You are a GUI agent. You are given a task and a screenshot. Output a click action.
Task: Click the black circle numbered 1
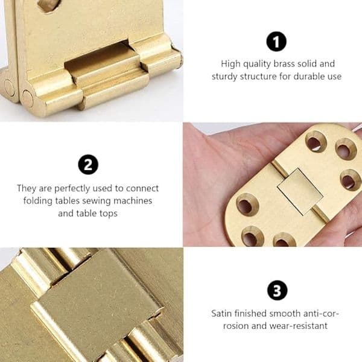276,42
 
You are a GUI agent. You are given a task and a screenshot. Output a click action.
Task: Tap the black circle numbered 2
88,165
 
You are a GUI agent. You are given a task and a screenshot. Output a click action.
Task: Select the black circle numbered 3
277,290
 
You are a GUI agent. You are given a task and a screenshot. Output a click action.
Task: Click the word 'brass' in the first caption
284,64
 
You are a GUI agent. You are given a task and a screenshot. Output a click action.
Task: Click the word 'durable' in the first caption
308,77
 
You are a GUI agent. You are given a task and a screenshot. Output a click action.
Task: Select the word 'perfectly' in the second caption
72,189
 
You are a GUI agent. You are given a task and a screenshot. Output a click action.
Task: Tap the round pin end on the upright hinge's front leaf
28,97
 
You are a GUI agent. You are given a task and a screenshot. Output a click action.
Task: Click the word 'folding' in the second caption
38,201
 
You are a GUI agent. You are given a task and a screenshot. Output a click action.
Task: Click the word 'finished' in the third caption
250,314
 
